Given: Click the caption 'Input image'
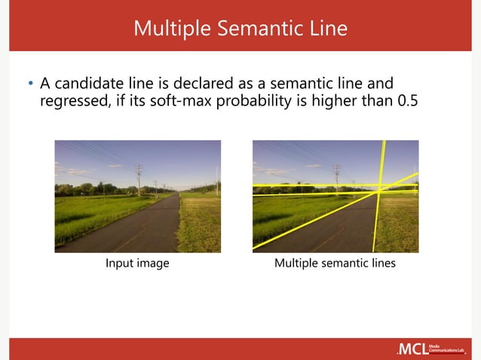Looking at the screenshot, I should pyautogui.click(x=137, y=263).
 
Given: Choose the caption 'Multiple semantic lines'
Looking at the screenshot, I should pyautogui.click(x=335, y=263).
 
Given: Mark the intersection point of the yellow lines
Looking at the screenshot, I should pyautogui.click(x=377, y=193).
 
